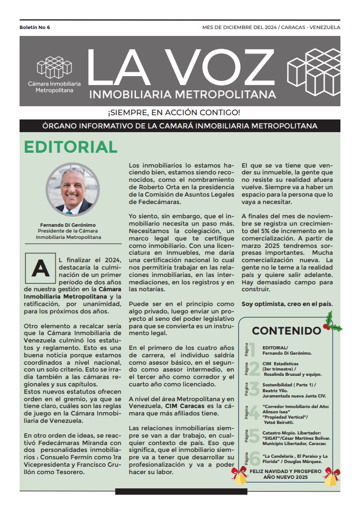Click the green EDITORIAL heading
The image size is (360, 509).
pos(71,147)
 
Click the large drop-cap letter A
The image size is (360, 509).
pos(41,268)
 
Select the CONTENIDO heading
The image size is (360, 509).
pos(286,331)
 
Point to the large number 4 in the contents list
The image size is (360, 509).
pos(254,412)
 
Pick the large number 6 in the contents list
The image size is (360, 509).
pos(254,458)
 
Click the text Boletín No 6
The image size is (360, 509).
pos(35,27)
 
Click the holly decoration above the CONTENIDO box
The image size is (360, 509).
pos(332,322)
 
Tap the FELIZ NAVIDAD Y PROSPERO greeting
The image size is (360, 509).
pos(286,470)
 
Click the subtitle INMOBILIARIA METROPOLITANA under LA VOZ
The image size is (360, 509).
pos(183,95)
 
